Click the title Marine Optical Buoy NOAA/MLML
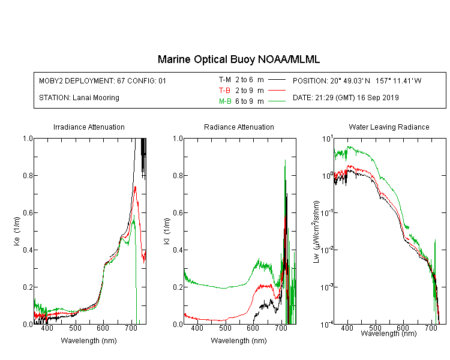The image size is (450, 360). click(239, 59)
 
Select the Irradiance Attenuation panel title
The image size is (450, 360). click(89, 127)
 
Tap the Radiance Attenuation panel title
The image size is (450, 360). click(239, 127)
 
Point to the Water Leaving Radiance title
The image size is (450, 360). click(389, 127)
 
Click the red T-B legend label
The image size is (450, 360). click(225, 91)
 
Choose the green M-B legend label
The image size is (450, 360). click(225, 101)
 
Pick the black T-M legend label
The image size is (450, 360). click(225, 80)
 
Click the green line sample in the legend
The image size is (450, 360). click(277, 101)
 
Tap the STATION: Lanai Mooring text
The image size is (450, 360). click(79, 98)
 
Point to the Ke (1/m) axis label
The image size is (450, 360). click(17, 231)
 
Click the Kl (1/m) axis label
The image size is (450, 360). click(167, 231)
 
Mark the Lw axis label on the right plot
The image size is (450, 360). click(316, 232)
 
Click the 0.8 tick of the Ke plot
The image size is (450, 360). click(28, 175)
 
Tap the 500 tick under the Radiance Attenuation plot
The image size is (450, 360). click(225, 328)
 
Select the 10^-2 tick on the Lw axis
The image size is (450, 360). click(327, 250)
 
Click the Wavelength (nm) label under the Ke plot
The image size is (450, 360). click(89, 340)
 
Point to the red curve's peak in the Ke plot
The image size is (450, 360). click(135, 187)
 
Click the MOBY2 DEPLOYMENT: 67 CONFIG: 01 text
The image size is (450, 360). click(103, 80)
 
